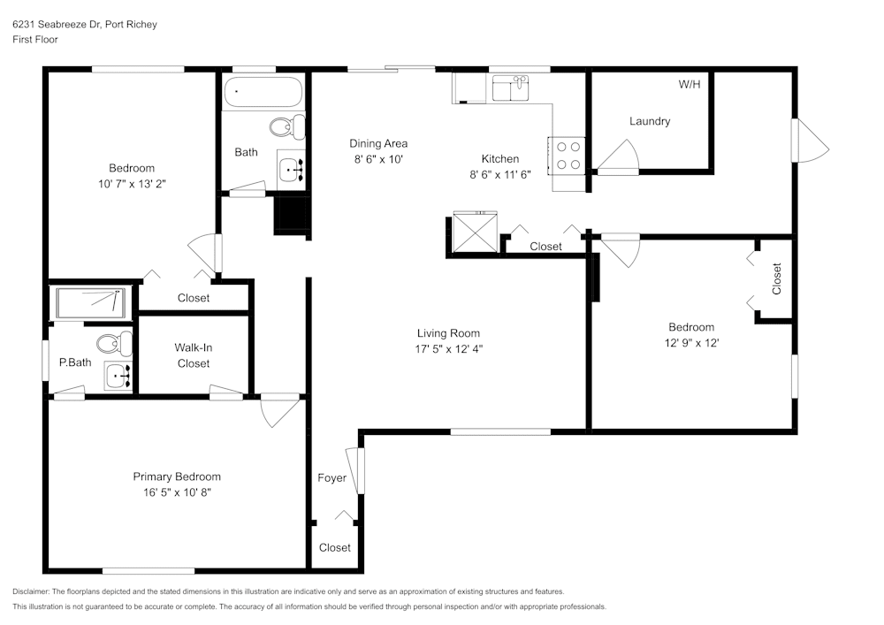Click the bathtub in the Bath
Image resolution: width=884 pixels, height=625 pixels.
[x=263, y=93]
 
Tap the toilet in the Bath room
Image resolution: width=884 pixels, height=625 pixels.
[x=286, y=128]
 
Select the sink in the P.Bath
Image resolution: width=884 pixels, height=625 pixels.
[x=117, y=376]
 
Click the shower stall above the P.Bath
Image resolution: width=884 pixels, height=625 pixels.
[x=91, y=302]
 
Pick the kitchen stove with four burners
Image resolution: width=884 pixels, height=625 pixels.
[x=568, y=156]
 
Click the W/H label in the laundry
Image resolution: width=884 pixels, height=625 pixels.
[x=689, y=85]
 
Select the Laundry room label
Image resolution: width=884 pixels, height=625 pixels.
[x=649, y=121]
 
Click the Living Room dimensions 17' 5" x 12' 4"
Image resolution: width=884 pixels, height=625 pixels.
[x=448, y=348]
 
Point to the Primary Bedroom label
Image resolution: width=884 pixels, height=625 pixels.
[x=177, y=476]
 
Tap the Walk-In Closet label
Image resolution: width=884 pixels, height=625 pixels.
[x=194, y=355]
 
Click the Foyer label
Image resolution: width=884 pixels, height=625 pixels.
[x=331, y=478]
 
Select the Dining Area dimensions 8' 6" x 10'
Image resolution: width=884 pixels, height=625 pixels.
[x=377, y=159]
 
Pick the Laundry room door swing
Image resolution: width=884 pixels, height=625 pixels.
[x=619, y=158]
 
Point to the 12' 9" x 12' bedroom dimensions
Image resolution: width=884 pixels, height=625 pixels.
[x=691, y=343]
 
